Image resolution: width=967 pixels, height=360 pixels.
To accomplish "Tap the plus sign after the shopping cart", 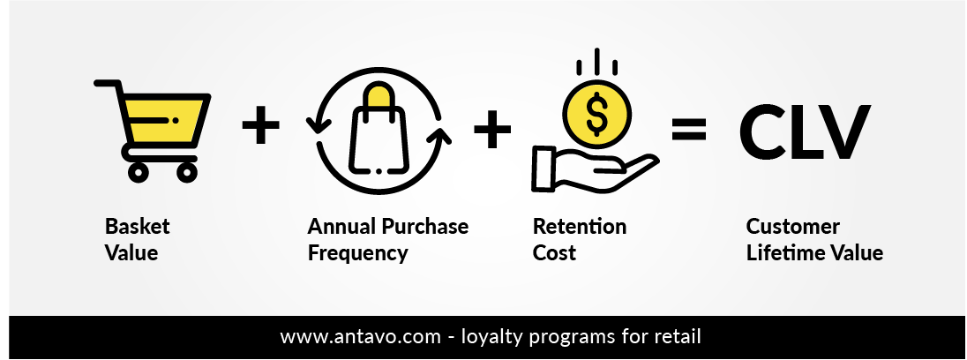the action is pos(260,125).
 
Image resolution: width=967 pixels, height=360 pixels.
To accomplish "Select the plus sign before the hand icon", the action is pos(492,129).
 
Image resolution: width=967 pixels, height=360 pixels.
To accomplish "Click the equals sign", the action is pos(689,130).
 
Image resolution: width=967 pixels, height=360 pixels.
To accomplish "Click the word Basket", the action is pos(137,226).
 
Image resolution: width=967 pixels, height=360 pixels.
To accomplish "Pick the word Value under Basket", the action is pos(131,252).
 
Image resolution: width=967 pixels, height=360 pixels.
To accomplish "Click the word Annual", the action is pos(342,226).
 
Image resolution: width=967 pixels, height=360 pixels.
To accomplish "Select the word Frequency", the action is pos(357,253).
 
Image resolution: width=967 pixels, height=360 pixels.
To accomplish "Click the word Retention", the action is pos(580,226).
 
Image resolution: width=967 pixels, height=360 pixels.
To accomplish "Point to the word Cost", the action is pos(554,252).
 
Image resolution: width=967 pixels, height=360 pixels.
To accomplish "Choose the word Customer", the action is pos(792,226).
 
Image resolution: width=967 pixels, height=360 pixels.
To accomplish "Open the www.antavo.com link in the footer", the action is pos(361,337).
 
